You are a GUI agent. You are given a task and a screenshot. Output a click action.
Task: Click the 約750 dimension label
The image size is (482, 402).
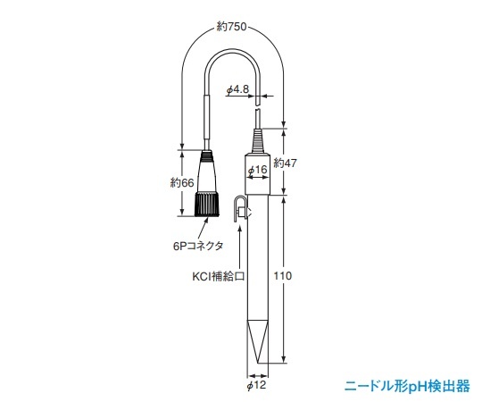pyautogui.click(x=233, y=28)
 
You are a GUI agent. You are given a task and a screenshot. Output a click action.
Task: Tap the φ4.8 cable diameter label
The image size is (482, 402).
pyautogui.click(x=238, y=88)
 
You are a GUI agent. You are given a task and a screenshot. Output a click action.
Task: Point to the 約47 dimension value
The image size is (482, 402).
pyautogui.click(x=285, y=163)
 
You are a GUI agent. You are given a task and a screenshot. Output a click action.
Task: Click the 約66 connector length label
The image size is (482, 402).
pyautogui.click(x=181, y=183)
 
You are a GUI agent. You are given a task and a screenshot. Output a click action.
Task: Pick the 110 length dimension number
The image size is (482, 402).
pyautogui.click(x=283, y=277)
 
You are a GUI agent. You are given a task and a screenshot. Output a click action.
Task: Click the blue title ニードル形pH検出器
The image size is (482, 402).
pyautogui.click(x=407, y=386)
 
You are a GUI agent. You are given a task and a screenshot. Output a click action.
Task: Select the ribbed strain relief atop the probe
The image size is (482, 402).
pyautogui.click(x=257, y=142)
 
